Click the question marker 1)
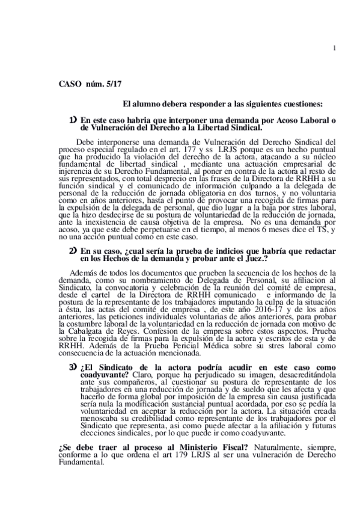(73, 120)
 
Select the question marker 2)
(73, 250)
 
